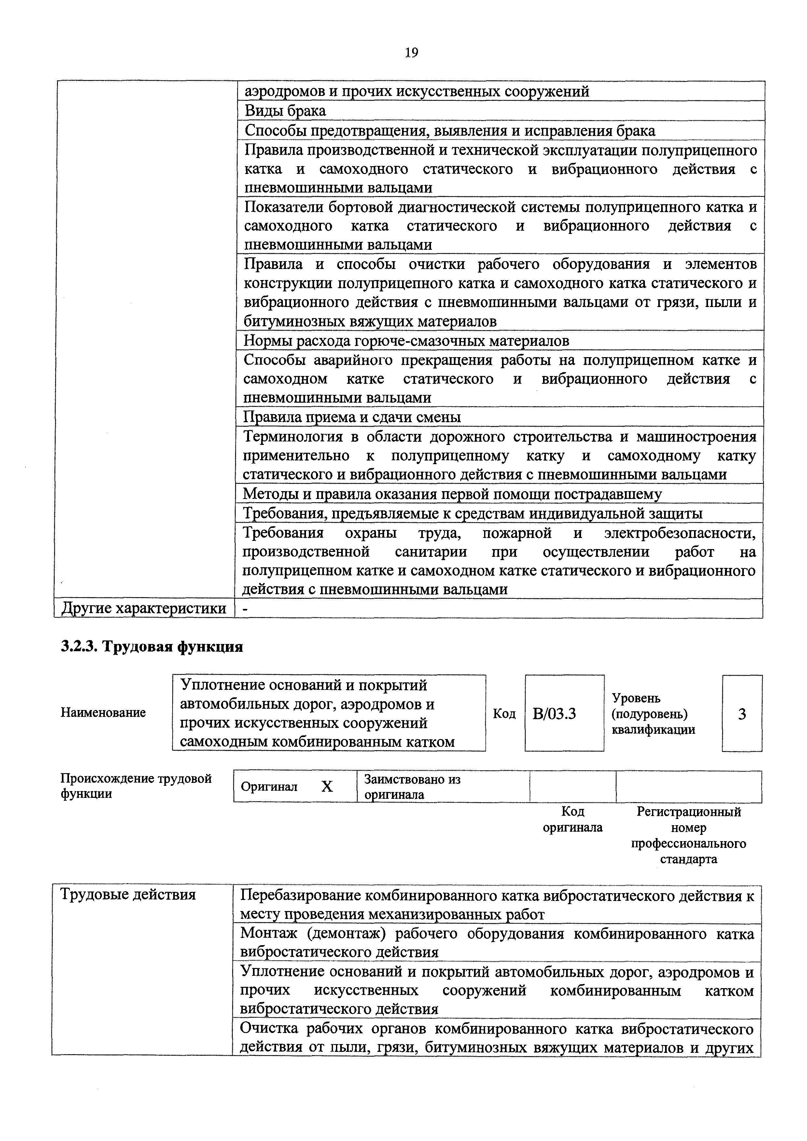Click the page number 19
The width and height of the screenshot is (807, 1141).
[411, 53]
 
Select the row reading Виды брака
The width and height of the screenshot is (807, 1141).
[285, 111]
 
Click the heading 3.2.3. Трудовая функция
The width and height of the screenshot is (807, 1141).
[152, 647]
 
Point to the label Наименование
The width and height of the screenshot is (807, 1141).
[104, 713]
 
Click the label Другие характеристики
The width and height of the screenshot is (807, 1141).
[144, 608]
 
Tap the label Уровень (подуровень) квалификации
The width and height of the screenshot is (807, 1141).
[653, 714]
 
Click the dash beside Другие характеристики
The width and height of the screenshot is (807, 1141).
[245, 608]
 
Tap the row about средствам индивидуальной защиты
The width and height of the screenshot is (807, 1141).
[472, 513]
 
